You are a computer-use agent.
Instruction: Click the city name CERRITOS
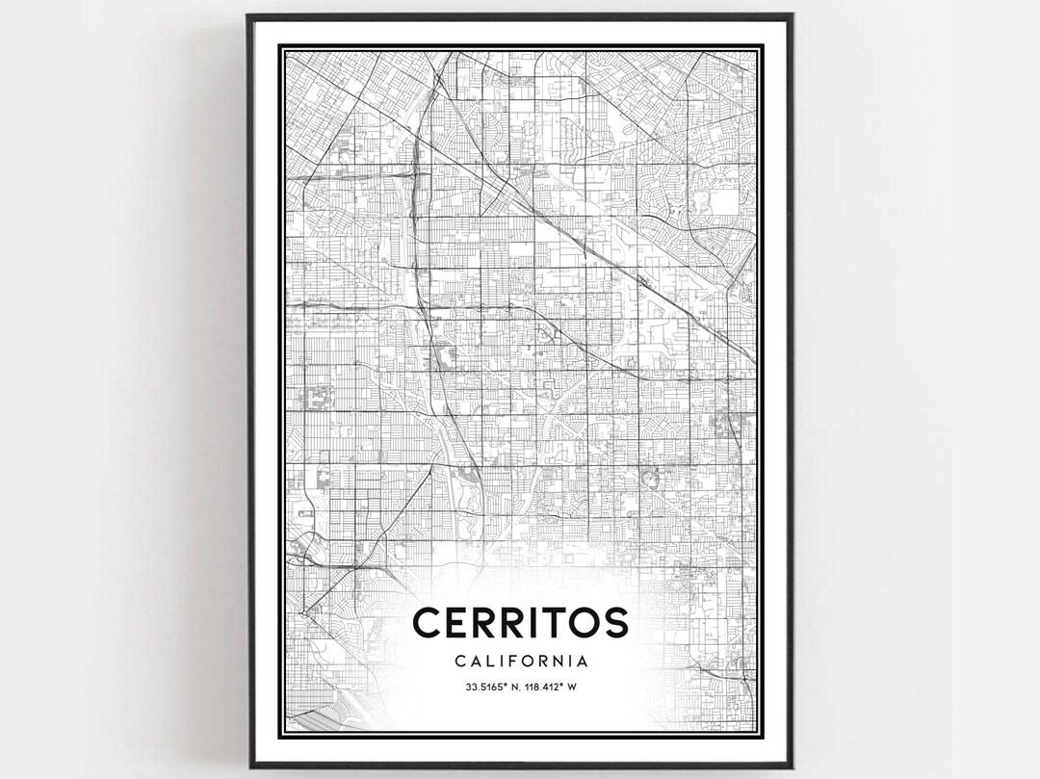pyautogui.click(x=520, y=622)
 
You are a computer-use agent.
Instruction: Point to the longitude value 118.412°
pyautogui.click(x=544, y=688)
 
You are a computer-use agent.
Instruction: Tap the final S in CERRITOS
pyautogui.click(x=613, y=622)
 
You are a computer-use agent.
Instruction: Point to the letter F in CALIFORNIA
pyautogui.click(x=511, y=662)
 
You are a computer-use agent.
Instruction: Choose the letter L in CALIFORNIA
pyautogui.click(x=486, y=662)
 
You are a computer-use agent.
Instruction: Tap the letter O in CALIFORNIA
pyautogui.click(x=526, y=662)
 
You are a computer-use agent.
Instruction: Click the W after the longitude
pyautogui.click(x=572, y=688)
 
